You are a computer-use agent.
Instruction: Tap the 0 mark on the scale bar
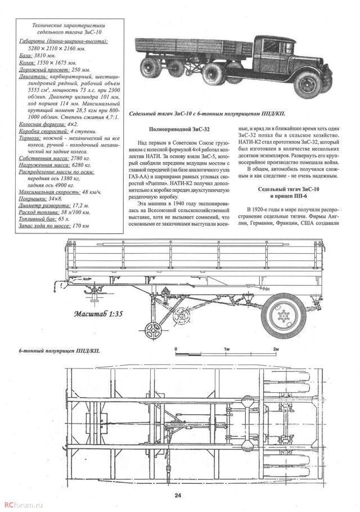[x=177, y=349]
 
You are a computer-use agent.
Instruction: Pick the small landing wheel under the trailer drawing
[x=151, y=328]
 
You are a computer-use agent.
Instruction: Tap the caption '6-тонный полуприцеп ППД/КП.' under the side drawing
[x=51, y=351]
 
